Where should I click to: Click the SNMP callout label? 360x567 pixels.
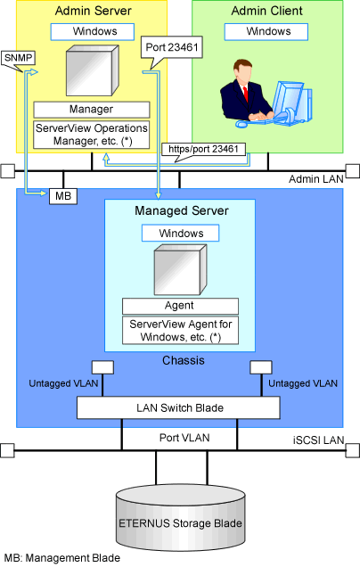pos(19,58)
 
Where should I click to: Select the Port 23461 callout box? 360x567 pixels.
pos(172,47)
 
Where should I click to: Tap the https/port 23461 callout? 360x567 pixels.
pos(203,149)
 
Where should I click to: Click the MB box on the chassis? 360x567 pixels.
pos(63,196)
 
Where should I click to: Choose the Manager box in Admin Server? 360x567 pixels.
pos(92,109)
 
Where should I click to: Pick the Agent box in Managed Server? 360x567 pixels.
pos(180,306)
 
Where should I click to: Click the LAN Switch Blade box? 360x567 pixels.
pos(178,408)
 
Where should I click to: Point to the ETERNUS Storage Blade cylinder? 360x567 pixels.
pos(181,518)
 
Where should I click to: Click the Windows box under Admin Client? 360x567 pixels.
pos(266,32)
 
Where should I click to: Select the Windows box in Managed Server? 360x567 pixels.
pos(180,234)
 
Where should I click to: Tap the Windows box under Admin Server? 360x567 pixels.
pos(93,32)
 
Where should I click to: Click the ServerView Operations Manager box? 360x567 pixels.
pos(92,135)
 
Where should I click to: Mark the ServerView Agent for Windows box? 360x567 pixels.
pos(180,330)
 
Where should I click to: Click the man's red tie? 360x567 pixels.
pos(246,94)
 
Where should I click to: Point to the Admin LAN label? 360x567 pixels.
pos(316,179)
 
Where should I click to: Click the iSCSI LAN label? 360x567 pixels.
pos(318,440)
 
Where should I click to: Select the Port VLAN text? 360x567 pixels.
pos(184,438)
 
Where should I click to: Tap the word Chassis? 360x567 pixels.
pos(184,360)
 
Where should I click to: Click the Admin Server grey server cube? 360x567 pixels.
pos(93,70)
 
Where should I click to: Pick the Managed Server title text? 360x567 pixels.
pos(182,210)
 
